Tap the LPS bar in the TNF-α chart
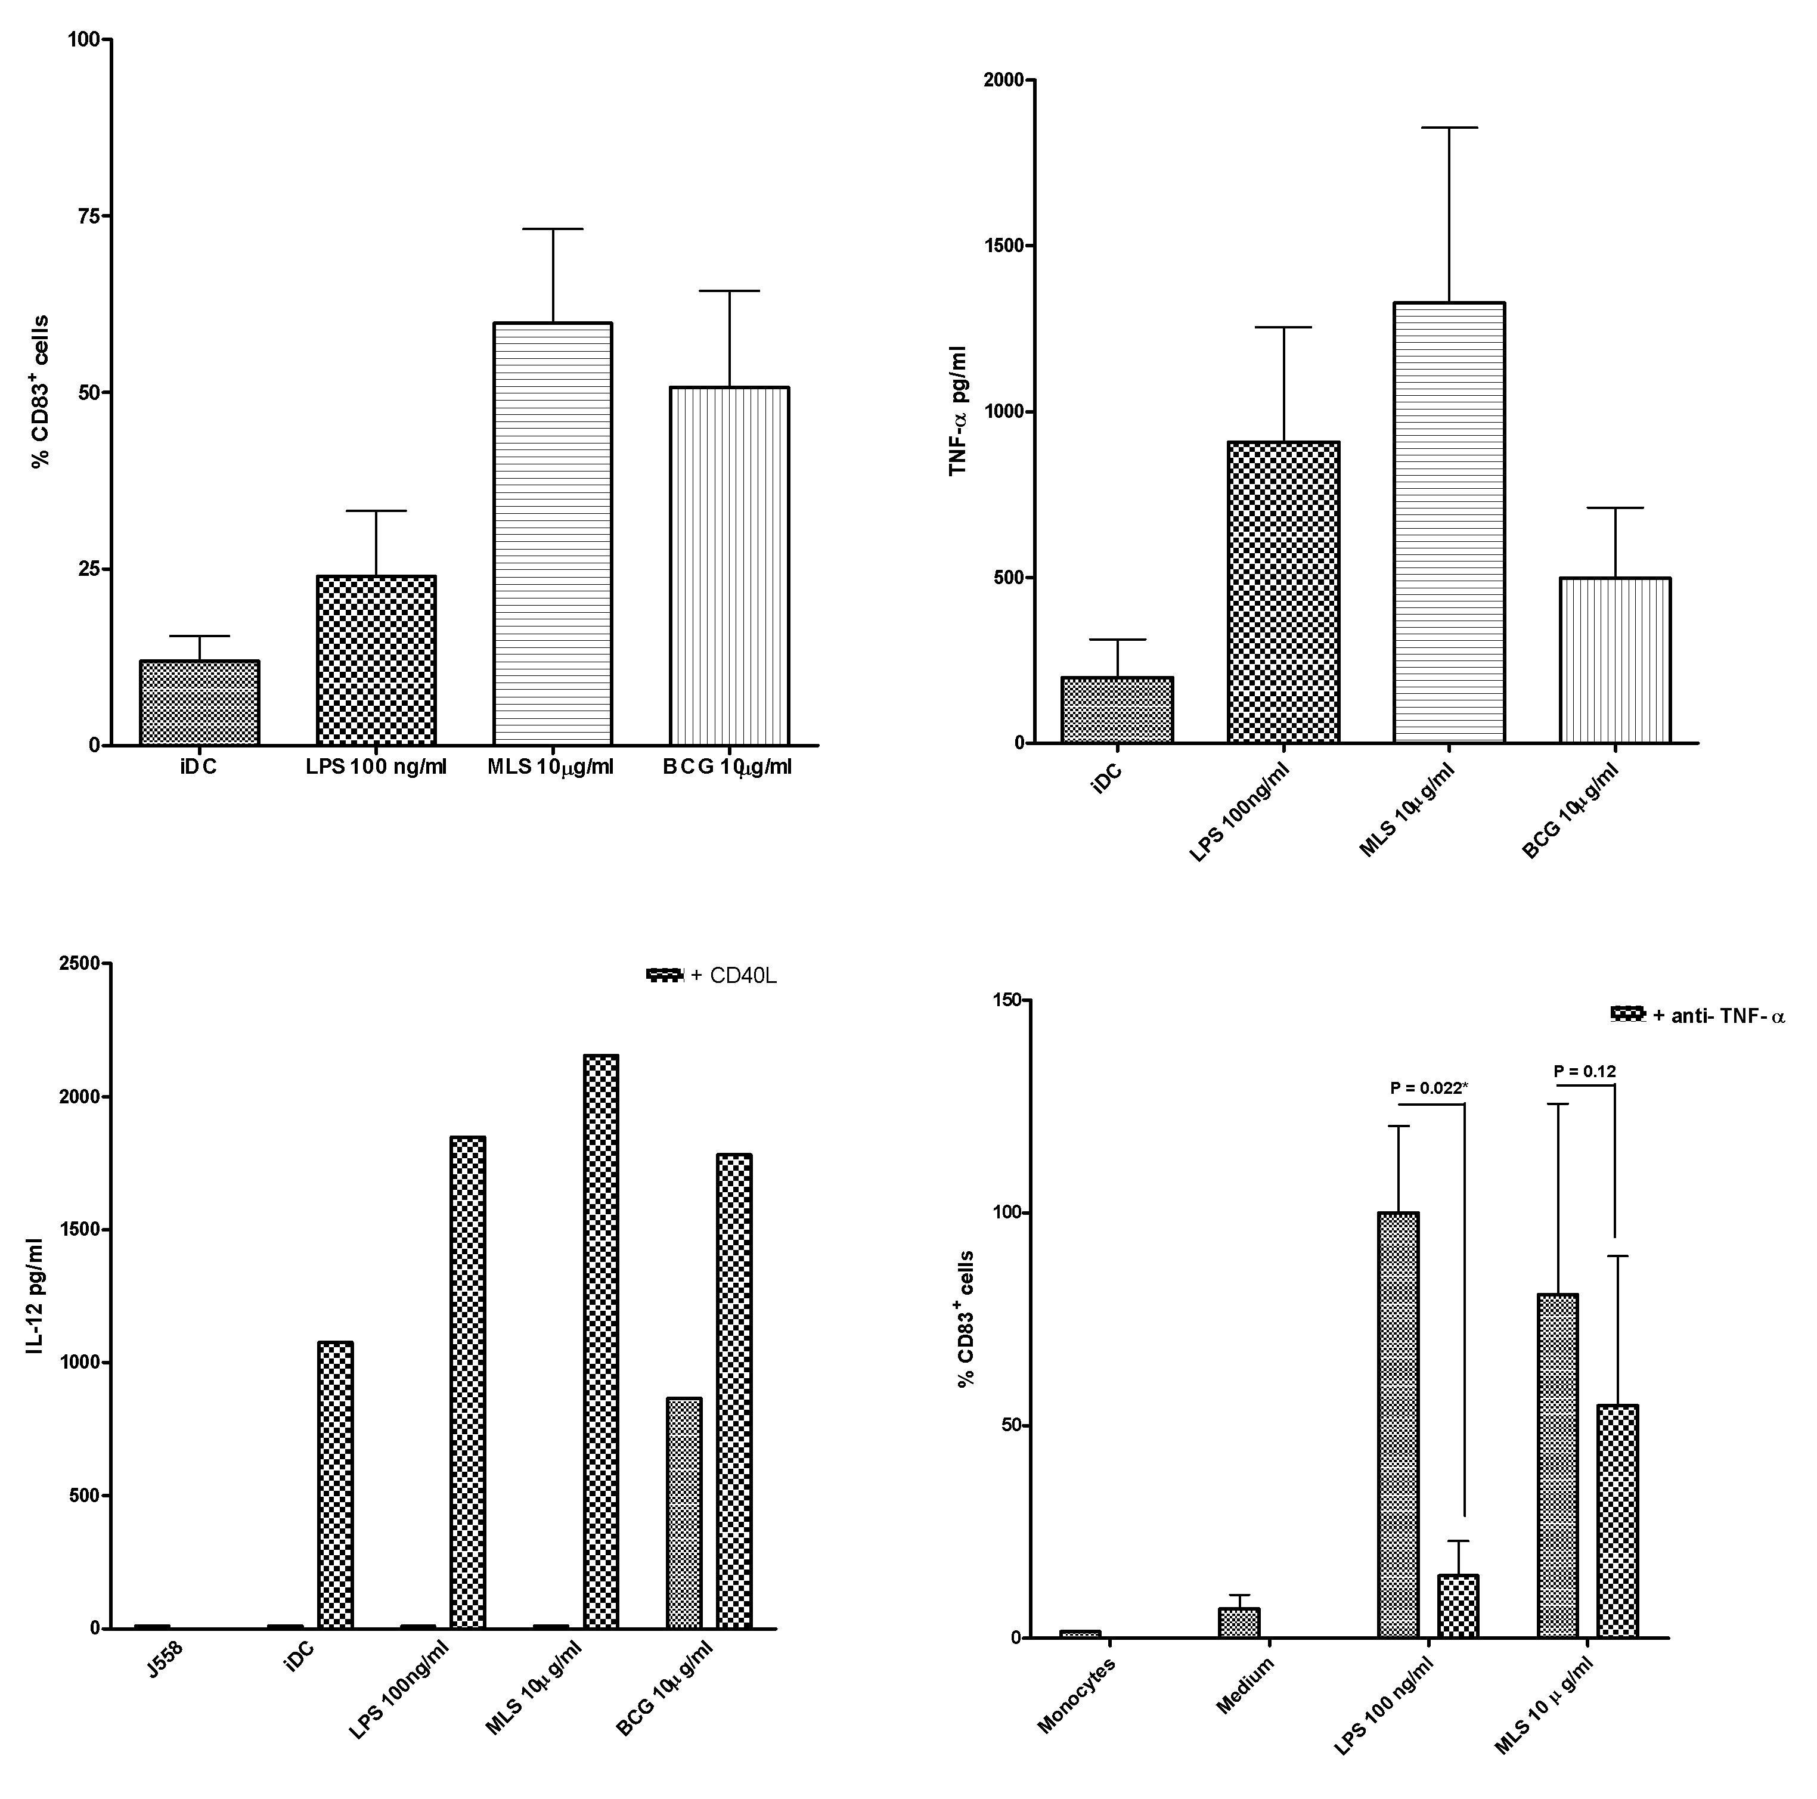coord(1283,593)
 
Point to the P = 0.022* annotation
coord(1428,1088)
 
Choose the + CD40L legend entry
coord(712,975)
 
